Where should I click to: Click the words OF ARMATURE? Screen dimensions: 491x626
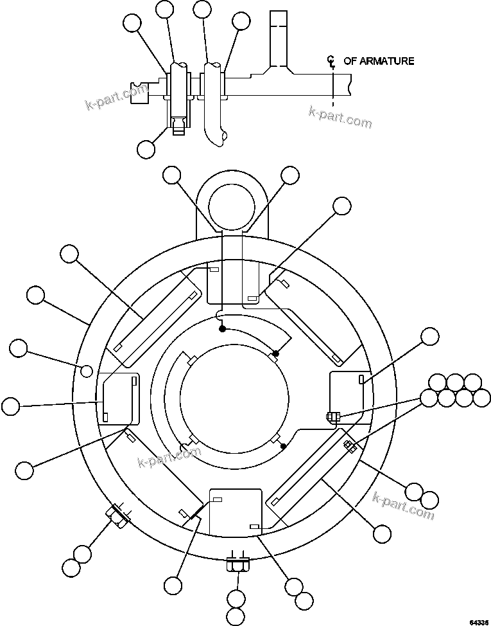pyautogui.click(x=379, y=61)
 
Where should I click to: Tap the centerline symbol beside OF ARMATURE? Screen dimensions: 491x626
pyautogui.click(x=331, y=62)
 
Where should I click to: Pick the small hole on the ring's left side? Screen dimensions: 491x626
pyautogui.click(x=87, y=370)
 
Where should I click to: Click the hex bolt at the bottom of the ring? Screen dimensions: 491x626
pyautogui.click(x=237, y=565)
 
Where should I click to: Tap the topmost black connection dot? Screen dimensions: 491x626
pyautogui.click(x=222, y=328)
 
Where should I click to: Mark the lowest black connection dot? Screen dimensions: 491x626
pyautogui.click(x=283, y=445)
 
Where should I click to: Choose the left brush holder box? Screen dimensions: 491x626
pyautogui.click(x=118, y=398)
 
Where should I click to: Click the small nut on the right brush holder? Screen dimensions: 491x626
pyautogui.click(x=332, y=416)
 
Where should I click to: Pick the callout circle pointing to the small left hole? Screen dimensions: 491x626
pyautogui.click(x=19, y=348)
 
